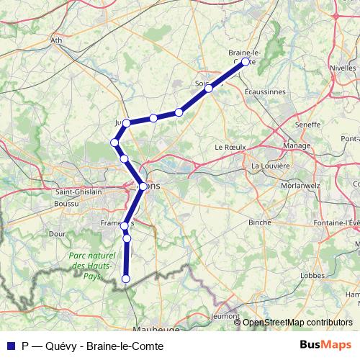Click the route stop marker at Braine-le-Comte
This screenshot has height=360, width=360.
245,62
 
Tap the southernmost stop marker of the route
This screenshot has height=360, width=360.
126,279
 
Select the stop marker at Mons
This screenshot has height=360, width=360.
143,186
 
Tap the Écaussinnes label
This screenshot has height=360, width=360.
265,92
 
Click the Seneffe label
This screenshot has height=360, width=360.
307,125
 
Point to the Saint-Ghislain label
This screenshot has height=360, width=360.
79,193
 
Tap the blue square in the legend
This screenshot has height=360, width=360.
11,345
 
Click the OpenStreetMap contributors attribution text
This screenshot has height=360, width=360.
298,323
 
